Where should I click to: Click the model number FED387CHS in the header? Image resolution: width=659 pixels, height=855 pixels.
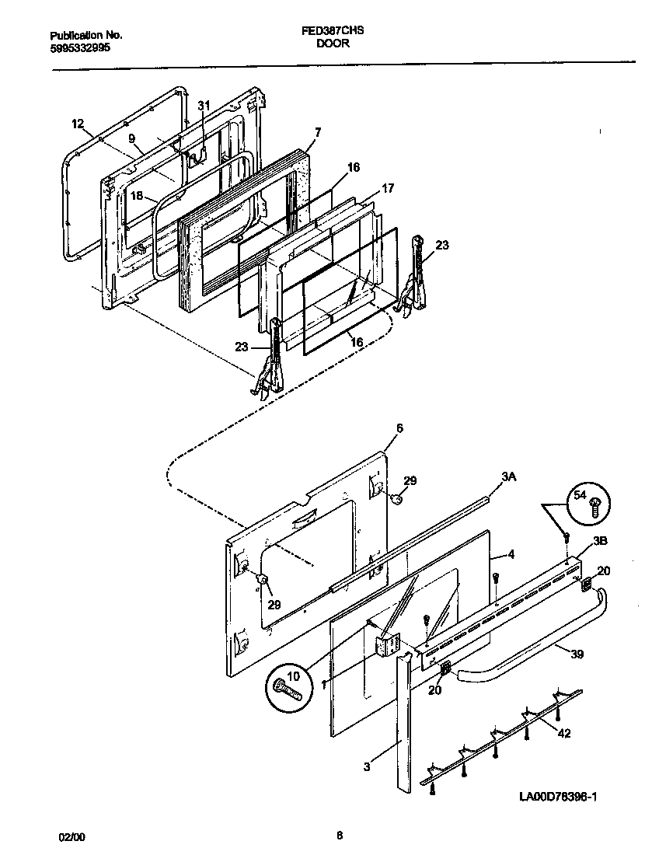pyautogui.click(x=332, y=33)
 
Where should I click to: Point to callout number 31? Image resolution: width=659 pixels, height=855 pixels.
pyautogui.click(x=204, y=106)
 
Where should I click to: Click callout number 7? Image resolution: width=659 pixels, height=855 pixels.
pyautogui.click(x=317, y=132)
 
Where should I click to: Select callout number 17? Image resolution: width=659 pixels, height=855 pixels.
pyautogui.click(x=388, y=189)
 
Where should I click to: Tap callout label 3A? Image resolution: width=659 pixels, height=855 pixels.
pyautogui.click(x=509, y=478)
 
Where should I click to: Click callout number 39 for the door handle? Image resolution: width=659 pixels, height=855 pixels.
pyautogui.click(x=577, y=654)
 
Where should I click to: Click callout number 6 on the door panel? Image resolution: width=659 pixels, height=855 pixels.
pyautogui.click(x=399, y=428)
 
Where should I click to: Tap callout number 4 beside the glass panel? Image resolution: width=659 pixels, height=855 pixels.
pyautogui.click(x=511, y=554)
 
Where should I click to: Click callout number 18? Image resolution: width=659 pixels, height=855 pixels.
pyautogui.click(x=137, y=196)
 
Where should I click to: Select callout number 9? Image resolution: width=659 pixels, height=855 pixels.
pyautogui.click(x=132, y=138)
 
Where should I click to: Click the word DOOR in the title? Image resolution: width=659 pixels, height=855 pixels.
pyautogui.click(x=332, y=44)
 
